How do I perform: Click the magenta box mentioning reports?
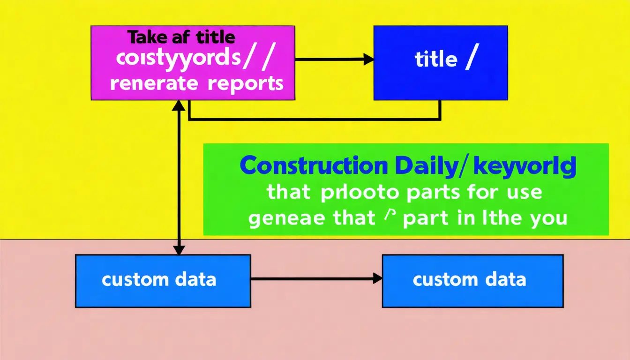[192, 63]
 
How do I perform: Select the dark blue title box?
[440, 63]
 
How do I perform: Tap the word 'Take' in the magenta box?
[144, 37]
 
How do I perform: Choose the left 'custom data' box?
[163, 281]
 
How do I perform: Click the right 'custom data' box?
[472, 281]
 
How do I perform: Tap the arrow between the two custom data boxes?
[316, 279]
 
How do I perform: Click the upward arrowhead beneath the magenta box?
[178, 105]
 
